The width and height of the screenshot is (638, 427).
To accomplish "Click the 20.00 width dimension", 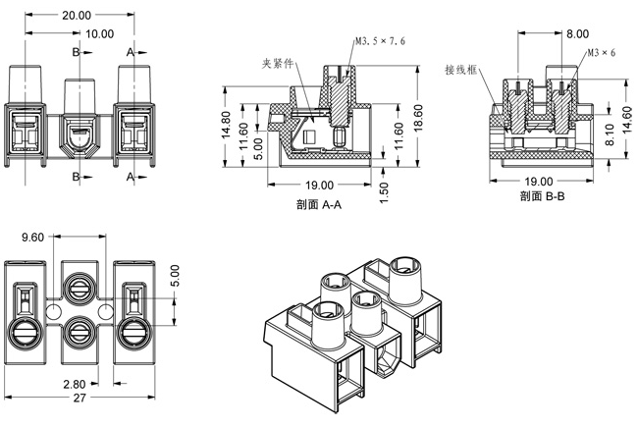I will pyautogui.click(x=76, y=16).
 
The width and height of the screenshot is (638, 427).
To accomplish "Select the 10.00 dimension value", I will pyautogui.click(x=98, y=33).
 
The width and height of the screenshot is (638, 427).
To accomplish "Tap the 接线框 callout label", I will pyautogui.click(x=460, y=71).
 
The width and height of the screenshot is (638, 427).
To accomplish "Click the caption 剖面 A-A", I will pyautogui.click(x=318, y=204).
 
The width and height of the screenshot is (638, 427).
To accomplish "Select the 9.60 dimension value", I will pyautogui.click(x=32, y=237).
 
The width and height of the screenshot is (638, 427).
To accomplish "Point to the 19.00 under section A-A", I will pyautogui.click(x=319, y=186).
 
